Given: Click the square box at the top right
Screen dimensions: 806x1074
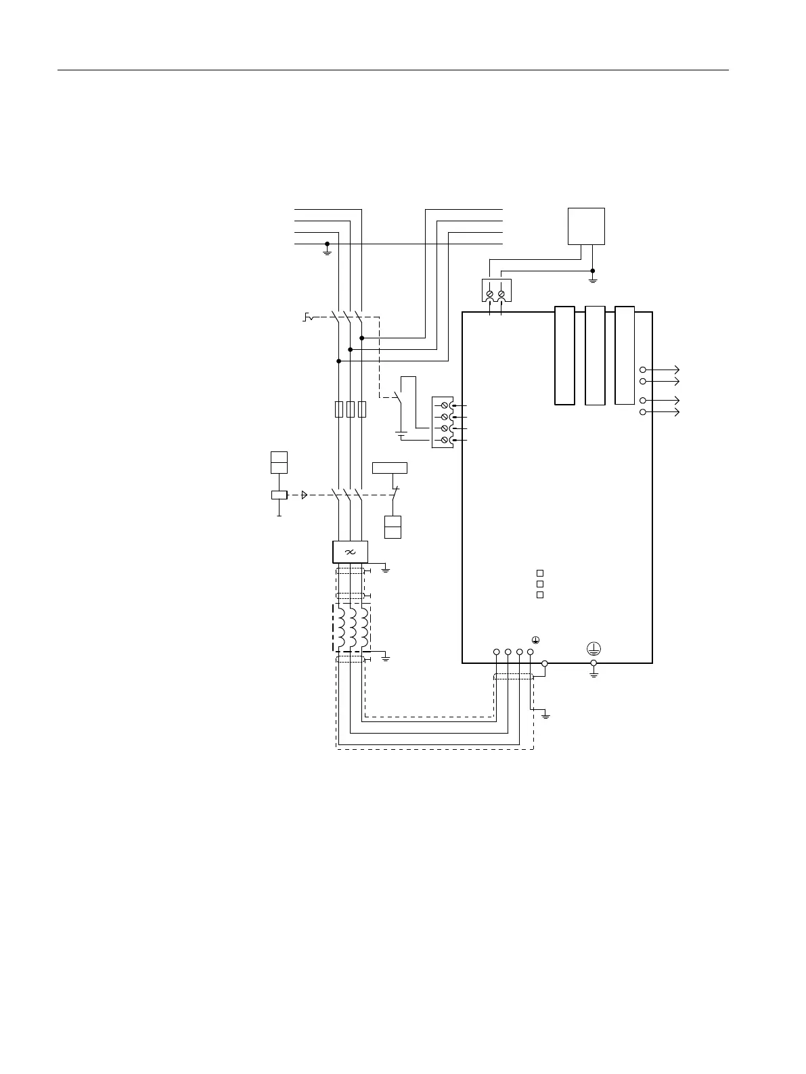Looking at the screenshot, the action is click(586, 226).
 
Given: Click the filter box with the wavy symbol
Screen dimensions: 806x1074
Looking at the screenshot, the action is click(350, 552).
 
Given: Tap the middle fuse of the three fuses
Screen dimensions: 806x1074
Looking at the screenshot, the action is click(350, 409).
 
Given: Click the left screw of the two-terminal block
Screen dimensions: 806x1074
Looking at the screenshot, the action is click(489, 294).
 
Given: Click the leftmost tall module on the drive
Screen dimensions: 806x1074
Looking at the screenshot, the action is click(564, 356).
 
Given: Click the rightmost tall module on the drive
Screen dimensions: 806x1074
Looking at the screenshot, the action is click(625, 355).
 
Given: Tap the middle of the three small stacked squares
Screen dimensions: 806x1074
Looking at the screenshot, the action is click(540, 583).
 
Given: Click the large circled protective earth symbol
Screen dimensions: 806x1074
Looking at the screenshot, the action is click(594, 648).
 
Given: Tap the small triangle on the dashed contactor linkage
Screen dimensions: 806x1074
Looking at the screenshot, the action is click(305, 495).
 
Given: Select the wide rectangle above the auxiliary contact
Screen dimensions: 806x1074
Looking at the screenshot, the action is click(390, 468).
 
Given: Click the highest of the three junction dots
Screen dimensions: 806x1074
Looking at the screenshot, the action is click(362, 338).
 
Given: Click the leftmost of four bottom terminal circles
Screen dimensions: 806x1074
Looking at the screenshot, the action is click(497, 652).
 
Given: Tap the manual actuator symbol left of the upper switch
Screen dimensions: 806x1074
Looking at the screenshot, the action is click(308, 317).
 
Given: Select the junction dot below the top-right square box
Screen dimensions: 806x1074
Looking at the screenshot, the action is click(593, 270).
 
